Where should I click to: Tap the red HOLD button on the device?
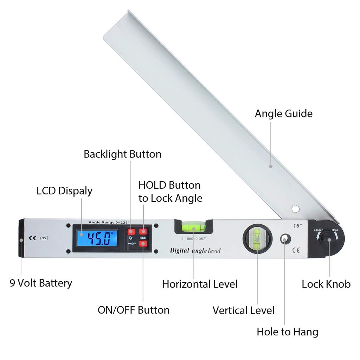pyautogui.click(x=143, y=231)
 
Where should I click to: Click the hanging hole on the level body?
pyautogui.click(x=285, y=239)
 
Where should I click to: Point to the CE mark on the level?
pyautogui.click(x=296, y=251)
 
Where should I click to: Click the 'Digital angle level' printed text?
pyautogui.click(x=195, y=251)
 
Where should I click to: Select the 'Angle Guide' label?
pyautogui.click(x=283, y=114)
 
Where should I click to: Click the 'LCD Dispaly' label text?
pyautogui.click(x=64, y=191)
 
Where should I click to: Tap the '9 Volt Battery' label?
pyautogui.click(x=41, y=283)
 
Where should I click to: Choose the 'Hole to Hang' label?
pyautogui.click(x=287, y=332)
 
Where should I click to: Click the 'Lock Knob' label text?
pyautogui.click(x=326, y=284)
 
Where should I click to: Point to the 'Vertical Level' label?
pyautogui.click(x=243, y=310)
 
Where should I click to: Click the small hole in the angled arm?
pyautogui.click(x=295, y=209)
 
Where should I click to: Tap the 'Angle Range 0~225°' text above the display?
pyautogui.click(x=109, y=222)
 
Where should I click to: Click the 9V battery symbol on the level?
pyautogui.click(x=44, y=238)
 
